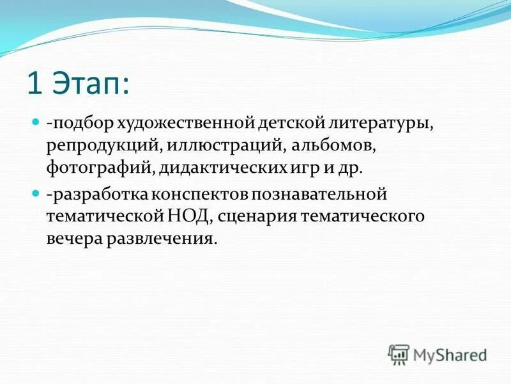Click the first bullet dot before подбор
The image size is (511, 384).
click(36, 120)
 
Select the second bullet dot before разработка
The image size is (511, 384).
click(36, 191)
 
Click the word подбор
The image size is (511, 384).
click(74, 122)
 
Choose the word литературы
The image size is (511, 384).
click(376, 122)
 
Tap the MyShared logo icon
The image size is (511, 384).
click(399, 353)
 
